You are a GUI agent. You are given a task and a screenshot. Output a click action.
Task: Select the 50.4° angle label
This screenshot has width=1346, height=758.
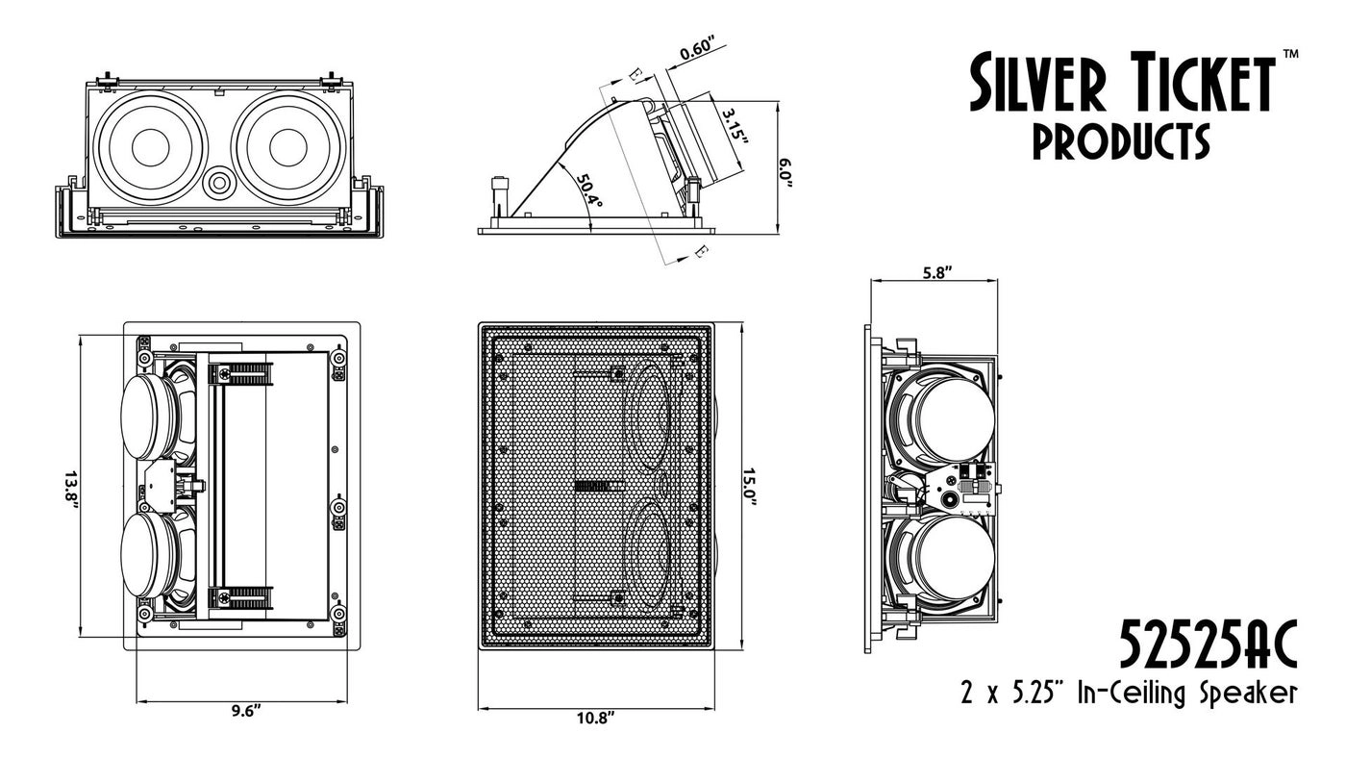[x=589, y=190]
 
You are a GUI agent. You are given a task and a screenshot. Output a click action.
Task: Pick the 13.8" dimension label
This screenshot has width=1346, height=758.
[x=70, y=493]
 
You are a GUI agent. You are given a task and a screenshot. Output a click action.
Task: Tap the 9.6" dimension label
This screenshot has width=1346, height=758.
[x=246, y=711]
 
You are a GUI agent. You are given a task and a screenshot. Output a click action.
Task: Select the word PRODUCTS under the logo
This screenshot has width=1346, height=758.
[x=1120, y=142]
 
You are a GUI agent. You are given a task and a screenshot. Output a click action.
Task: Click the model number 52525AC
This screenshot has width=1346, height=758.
[x=1208, y=645]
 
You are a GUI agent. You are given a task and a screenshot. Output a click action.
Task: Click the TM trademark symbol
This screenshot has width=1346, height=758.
[x=1290, y=55]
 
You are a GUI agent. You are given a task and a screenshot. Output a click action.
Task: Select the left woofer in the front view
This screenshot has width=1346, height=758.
[x=151, y=147]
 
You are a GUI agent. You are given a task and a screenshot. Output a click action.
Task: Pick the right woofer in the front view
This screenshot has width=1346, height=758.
[x=287, y=147]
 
